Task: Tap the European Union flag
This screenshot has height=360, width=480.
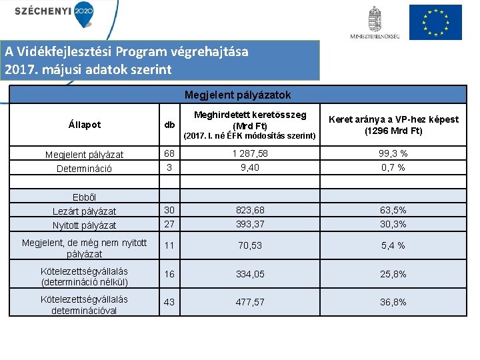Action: point(435,22)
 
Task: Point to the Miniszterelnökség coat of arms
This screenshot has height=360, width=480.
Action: point(375,19)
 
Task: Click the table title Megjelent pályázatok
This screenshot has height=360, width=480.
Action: point(237,95)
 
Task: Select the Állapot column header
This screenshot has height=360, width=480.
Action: point(84,124)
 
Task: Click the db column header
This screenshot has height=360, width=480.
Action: point(170,125)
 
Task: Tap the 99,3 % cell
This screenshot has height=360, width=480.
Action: point(392,154)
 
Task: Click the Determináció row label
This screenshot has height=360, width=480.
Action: point(84,169)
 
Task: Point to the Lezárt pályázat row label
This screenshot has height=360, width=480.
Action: point(84,211)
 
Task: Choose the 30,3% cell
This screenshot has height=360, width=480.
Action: point(392,225)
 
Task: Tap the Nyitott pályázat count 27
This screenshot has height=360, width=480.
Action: point(169,225)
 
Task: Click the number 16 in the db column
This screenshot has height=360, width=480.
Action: point(169,274)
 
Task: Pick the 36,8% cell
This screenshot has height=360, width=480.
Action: point(392,302)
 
